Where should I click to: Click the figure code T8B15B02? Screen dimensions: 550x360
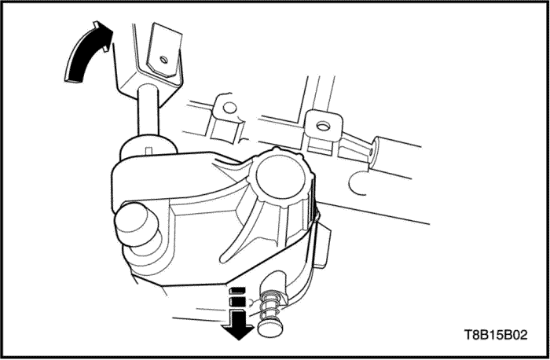[497, 335]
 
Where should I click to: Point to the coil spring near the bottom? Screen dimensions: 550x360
[271, 304]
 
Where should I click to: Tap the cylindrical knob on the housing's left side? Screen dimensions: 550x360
[137, 225]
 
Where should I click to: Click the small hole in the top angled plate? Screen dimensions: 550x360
[163, 59]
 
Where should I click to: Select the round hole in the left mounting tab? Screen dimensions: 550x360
[229, 108]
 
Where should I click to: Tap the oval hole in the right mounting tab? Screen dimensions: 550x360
[323, 125]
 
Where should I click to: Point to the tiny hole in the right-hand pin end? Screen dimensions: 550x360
[372, 151]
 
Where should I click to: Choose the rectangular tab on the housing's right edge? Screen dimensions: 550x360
[322, 245]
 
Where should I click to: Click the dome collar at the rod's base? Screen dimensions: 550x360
[148, 147]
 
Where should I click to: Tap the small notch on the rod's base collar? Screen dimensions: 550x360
[148, 151]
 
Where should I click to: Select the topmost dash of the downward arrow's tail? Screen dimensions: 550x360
[237, 291]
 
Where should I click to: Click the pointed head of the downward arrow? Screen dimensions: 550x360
[239, 332]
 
